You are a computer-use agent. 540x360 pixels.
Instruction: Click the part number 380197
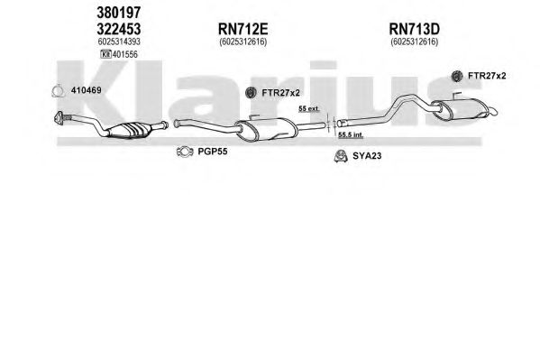(x=119, y=13)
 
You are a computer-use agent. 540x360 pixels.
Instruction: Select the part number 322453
(x=119, y=29)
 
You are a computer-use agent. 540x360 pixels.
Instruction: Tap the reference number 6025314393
(x=119, y=42)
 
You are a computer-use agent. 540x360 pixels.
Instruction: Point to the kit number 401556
(x=125, y=54)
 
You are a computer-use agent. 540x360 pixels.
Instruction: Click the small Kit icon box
(x=105, y=54)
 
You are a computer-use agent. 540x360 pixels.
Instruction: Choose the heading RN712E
(x=243, y=29)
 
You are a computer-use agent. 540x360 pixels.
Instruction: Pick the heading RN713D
(x=415, y=29)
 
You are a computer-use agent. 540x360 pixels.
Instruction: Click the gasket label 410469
(x=87, y=90)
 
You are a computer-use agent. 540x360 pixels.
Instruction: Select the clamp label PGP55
(x=213, y=152)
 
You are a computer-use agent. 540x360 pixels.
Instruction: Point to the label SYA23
(x=367, y=156)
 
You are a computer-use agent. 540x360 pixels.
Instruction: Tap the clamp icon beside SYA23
(x=341, y=156)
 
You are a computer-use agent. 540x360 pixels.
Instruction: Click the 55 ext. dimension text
(x=309, y=108)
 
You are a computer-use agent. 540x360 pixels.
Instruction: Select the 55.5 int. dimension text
(x=351, y=134)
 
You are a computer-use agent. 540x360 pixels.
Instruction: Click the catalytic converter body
(x=129, y=130)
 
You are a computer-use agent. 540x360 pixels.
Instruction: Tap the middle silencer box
(x=267, y=129)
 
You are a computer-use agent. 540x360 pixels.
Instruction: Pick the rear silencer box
(x=460, y=109)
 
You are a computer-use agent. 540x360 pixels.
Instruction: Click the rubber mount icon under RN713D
(x=457, y=76)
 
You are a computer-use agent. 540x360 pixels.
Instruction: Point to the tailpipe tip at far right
(x=493, y=111)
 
